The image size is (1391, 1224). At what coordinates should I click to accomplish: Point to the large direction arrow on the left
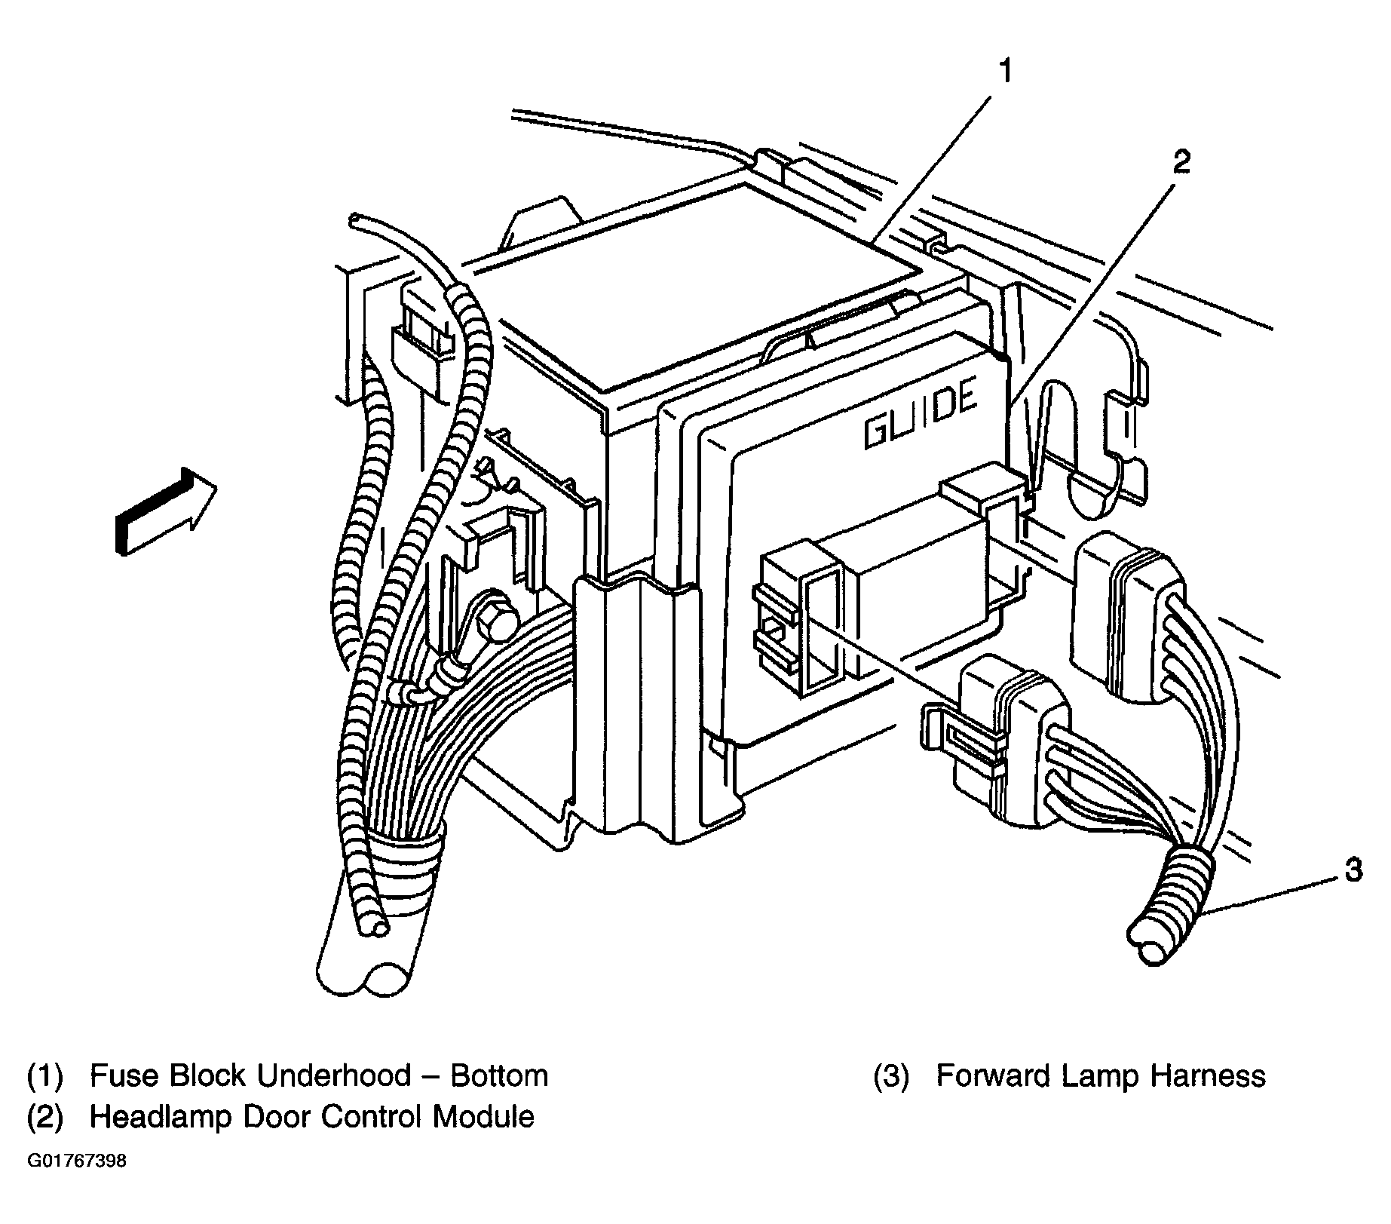[166, 511]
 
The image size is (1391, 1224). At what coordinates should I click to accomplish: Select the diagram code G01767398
[77, 1161]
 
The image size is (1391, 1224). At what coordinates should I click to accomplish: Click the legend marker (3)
[891, 1075]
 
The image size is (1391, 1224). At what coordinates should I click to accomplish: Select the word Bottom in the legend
[499, 1075]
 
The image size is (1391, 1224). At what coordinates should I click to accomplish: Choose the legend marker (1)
[45, 1075]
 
